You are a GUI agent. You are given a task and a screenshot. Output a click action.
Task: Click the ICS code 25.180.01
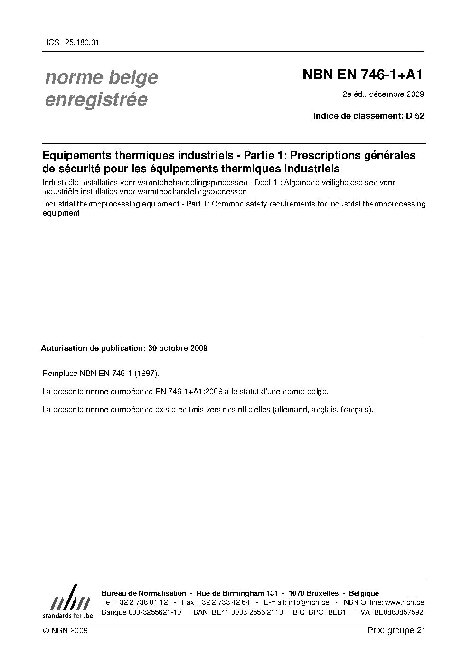tap(79, 42)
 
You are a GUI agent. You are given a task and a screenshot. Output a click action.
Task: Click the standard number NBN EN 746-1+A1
tap(363, 75)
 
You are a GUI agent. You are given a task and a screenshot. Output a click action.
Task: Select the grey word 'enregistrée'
tap(96, 100)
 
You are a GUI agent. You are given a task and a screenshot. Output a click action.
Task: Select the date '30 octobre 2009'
tap(178, 348)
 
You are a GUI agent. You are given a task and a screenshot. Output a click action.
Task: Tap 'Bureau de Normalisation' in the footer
tap(144, 593)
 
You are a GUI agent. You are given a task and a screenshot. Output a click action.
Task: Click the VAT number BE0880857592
tap(398, 612)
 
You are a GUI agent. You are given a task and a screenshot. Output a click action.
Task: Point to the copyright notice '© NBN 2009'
tap(65, 630)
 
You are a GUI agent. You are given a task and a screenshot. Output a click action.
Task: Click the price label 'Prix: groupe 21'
tap(396, 630)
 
